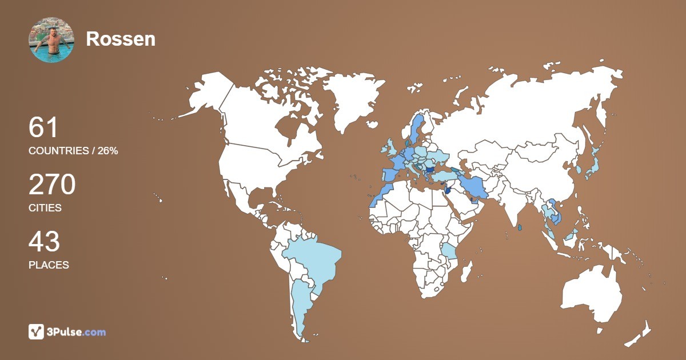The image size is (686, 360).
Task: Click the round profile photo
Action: [x=51, y=39]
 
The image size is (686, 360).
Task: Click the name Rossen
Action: [x=121, y=39]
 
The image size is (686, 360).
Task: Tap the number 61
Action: [x=43, y=127]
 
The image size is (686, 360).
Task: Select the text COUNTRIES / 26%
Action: [x=73, y=151]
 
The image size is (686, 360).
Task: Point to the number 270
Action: [x=52, y=185]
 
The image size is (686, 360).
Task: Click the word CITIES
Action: [x=45, y=208]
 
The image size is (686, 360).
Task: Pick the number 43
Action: [x=44, y=242]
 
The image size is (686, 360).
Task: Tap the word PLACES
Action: [x=49, y=265]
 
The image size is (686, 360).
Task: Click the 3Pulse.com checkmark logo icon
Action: [x=36, y=331]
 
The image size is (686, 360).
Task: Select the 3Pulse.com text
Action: [x=77, y=332]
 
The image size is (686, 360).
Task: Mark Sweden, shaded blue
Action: [x=416, y=129]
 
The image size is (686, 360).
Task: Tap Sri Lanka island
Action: [x=519, y=228]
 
